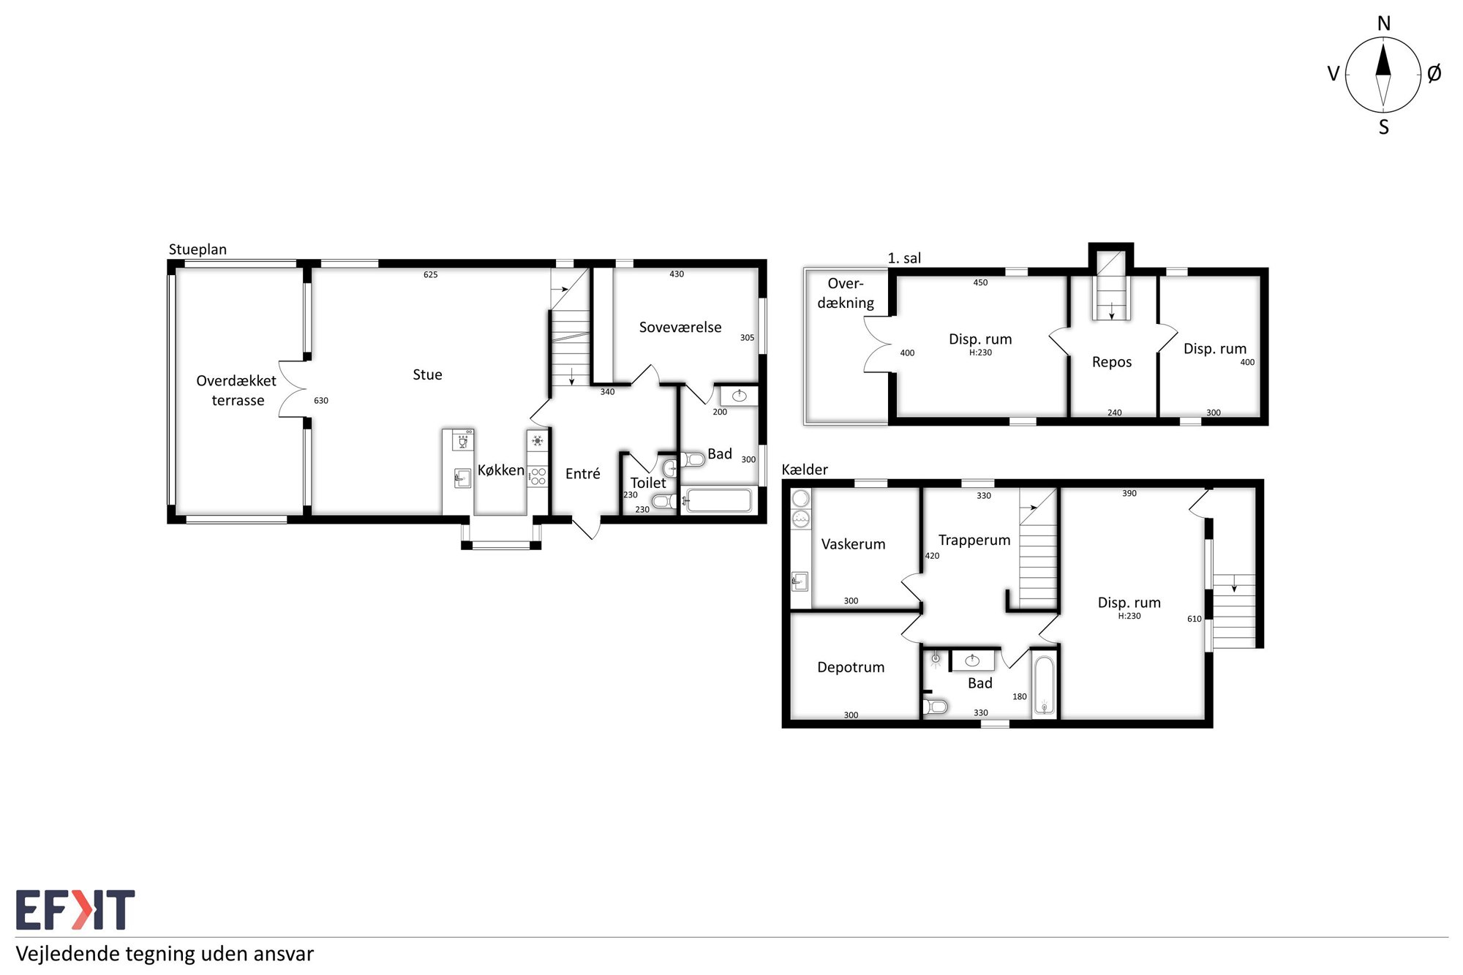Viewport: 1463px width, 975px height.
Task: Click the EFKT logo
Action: (75, 910)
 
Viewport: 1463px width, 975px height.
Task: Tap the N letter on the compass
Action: (1383, 24)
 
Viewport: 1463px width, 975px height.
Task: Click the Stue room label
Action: (427, 374)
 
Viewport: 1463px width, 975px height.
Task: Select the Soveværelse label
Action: (680, 327)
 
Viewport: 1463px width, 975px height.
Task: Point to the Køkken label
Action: (501, 470)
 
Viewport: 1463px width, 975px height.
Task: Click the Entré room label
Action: (583, 473)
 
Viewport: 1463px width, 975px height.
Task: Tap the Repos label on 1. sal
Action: (1112, 363)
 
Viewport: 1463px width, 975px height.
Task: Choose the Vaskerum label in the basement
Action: (853, 544)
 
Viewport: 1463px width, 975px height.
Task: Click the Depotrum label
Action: (851, 667)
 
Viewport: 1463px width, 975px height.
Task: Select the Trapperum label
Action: (974, 541)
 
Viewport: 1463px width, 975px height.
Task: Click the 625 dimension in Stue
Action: (431, 275)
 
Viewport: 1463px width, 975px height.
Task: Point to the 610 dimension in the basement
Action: (1195, 619)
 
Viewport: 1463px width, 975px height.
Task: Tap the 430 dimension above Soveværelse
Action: (677, 274)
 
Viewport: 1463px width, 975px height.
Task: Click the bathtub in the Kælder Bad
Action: (1044, 685)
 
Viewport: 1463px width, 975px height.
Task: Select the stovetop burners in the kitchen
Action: (538, 476)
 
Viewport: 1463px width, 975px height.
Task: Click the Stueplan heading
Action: (198, 249)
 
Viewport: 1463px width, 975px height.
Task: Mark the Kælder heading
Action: (805, 470)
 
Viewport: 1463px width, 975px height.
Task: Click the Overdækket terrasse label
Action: (236, 391)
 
